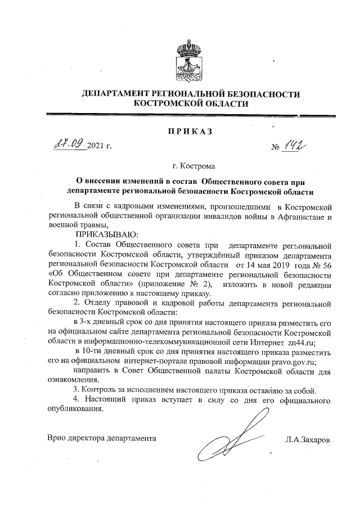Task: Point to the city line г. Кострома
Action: pos(191,166)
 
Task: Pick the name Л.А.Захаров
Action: pos(307,438)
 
